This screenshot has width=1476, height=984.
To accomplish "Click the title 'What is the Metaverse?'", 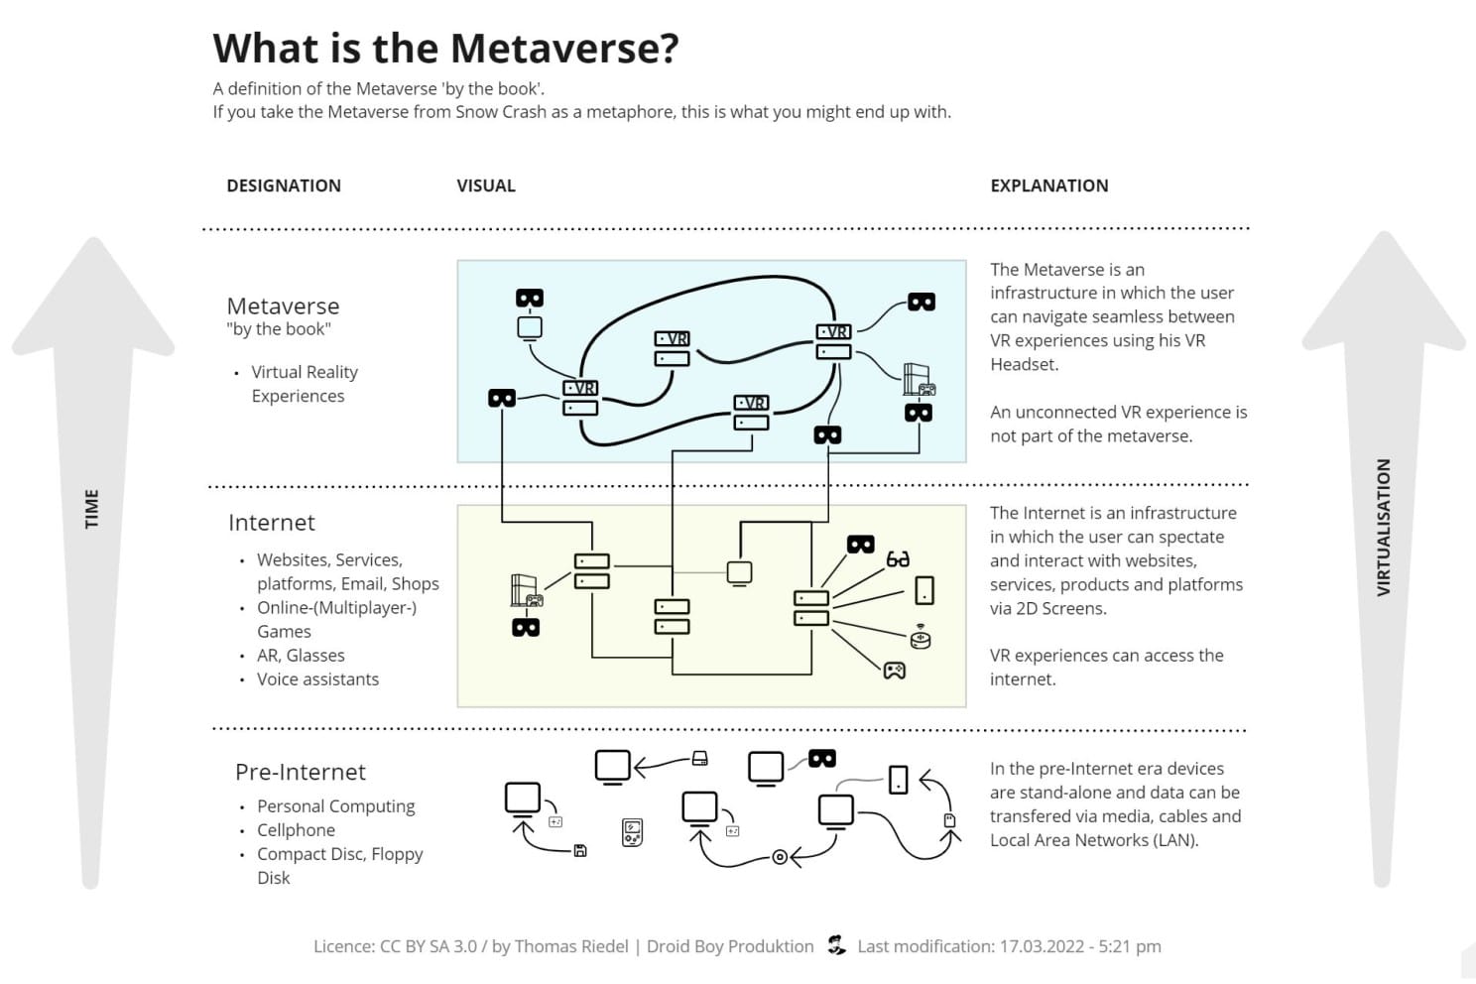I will pyautogui.click(x=445, y=48).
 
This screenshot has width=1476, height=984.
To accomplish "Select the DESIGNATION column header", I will pyautogui.click(x=284, y=185).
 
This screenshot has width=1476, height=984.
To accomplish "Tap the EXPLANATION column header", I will pyautogui.click(x=1048, y=185).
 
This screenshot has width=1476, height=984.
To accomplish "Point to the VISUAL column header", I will pyautogui.click(x=486, y=185).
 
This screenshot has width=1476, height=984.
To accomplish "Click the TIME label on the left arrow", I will pyautogui.click(x=92, y=508).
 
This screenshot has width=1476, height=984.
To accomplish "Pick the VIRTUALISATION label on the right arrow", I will pyautogui.click(x=1383, y=527).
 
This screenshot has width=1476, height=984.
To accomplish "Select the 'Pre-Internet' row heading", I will pyautogui.click(x=300, y=772).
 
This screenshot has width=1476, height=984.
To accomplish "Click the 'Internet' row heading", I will pyautogui.click(x=271, y=523).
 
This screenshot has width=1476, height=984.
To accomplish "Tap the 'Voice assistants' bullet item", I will pyautogui.click(x=317, y=679).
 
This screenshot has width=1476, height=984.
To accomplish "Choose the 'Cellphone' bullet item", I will pyautogui.click(x=296, y=830).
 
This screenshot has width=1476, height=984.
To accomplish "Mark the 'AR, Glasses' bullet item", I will pyautogui.click(x=301, y=656).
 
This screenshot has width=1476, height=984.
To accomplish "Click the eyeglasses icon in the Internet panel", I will pyautogui.click(x=898, y=559).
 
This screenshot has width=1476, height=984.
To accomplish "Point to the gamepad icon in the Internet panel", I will pyautogui.click(x=894, y=671).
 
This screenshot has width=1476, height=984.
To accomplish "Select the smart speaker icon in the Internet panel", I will pyautogui.click(x=921, y=636).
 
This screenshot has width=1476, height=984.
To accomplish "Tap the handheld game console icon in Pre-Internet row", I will pyautogui.click(x=632, y=832).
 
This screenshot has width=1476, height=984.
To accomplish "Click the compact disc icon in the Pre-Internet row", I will pyautogui.click(x=780, y=857).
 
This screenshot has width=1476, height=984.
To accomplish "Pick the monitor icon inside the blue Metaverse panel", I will pyautogui.click(x=530, y=327).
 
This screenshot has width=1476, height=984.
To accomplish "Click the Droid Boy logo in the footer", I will pyautogui.click(x=836, y=945).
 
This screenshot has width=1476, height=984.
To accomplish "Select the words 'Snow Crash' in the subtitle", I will pyautogui.click(x=501, y=112).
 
